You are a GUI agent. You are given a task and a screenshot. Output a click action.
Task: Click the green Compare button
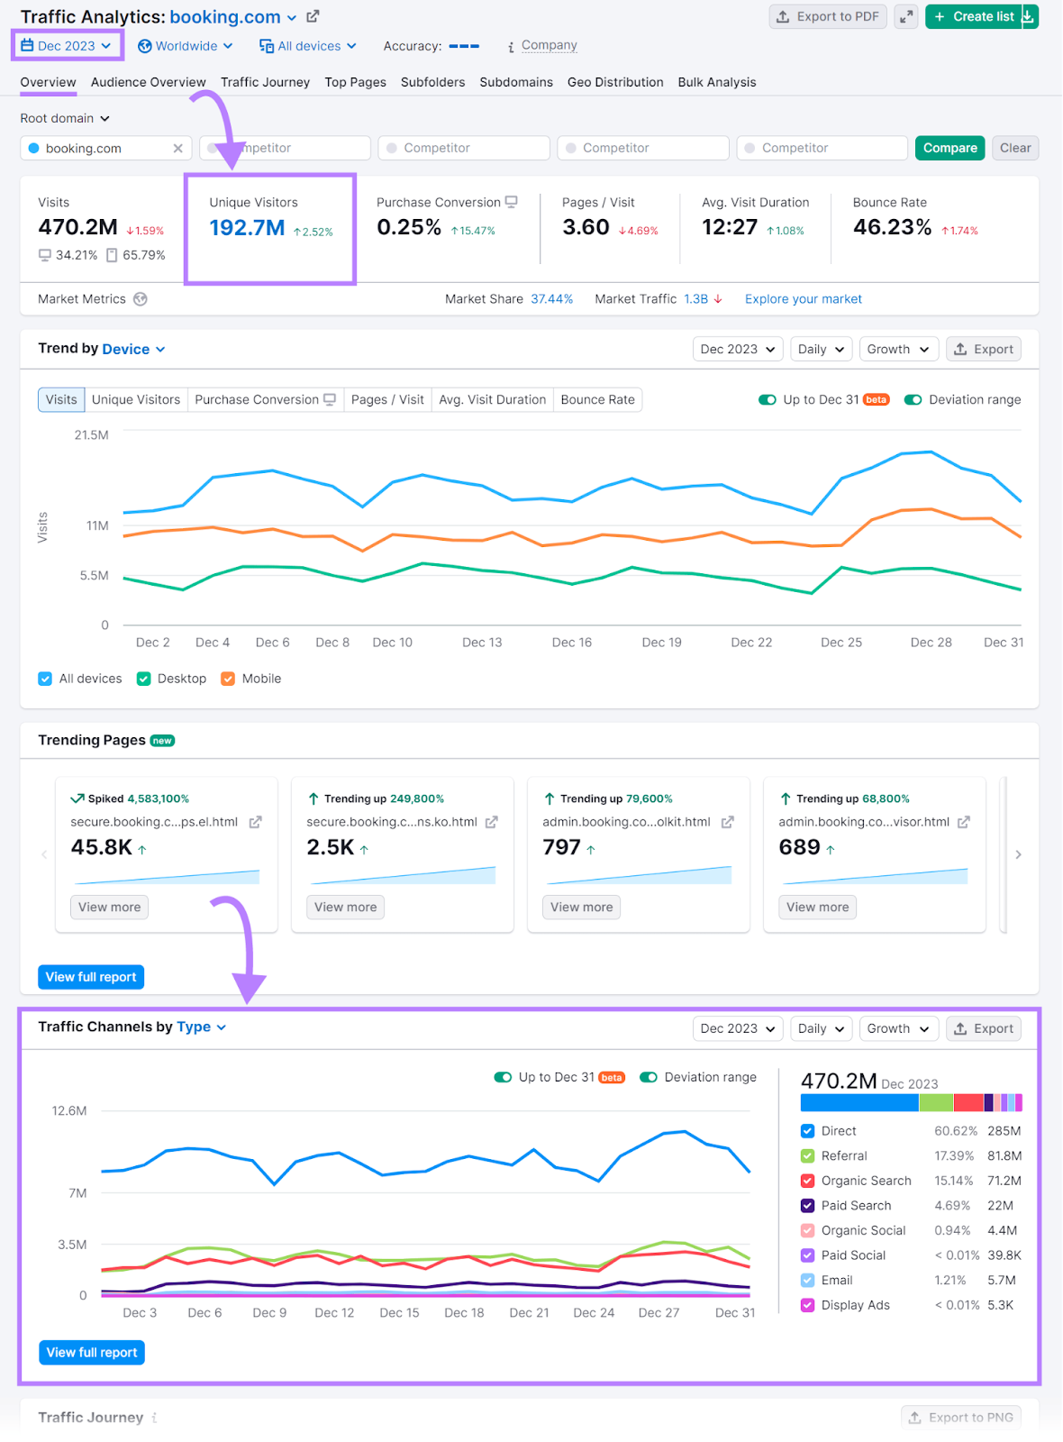(x=949, y=148)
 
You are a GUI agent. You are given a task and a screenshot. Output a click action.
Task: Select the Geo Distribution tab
(x=615, y=82)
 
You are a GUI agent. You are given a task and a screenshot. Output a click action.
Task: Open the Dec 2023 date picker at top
(x=67, y=46)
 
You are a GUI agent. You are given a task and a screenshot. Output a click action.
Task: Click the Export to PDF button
(x=828, y=16)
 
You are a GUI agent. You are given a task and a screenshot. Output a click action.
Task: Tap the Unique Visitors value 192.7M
(x=247, y=228)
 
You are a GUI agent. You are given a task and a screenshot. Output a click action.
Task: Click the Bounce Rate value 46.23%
(x=892, y=227)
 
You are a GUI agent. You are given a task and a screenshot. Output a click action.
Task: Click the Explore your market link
(x=803, y=299)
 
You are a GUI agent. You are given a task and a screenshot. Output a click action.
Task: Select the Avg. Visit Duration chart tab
(x=492, y=399)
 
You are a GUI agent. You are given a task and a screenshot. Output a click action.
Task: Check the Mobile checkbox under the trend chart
(x=228, y=679)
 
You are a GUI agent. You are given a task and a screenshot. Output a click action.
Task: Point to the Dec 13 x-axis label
(x=482, y=643)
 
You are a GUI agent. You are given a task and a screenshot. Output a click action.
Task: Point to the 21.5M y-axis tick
(x=91, y=435)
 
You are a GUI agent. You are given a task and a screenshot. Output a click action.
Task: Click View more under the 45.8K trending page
(x=109, y=907)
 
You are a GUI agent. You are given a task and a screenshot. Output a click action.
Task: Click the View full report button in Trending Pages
(x=91, y=977)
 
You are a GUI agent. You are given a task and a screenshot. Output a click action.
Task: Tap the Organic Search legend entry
(x=866, y=1181)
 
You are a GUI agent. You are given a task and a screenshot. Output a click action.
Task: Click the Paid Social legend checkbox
(x=808, y=1255)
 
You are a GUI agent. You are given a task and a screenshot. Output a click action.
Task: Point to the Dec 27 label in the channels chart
(x=659, y=1313)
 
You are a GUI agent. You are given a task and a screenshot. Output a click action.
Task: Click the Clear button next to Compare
(x=1014, y=148)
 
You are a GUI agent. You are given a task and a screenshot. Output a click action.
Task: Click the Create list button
(x=974, y=16)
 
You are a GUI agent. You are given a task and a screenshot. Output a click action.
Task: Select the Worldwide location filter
(x=186, y=46)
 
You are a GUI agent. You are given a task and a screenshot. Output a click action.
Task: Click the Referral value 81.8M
(x=1004, y=1156)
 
